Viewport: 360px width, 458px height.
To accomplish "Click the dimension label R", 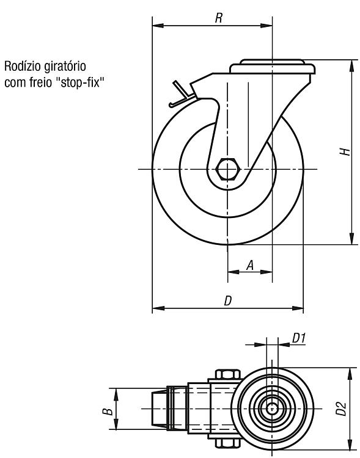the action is (218, 18).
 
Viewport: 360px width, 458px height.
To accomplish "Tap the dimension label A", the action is (250, 266).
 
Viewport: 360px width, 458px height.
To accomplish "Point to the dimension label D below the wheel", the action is (228, 300).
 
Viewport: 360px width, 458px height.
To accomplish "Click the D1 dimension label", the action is (299, 338).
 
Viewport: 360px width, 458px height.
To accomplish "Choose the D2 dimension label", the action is (341, 409).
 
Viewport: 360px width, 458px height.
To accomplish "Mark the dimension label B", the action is (108, 412).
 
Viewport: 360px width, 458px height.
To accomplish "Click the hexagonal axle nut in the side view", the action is (228, 169).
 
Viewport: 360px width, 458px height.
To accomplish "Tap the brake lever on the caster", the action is (182, 95).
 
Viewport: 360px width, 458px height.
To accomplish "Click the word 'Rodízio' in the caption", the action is (23, 67).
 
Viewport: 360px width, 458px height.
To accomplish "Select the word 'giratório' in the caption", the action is (65, 67).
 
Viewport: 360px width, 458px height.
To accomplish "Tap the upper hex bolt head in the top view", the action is (228, 374).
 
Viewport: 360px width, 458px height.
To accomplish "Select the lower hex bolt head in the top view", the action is (228, 443).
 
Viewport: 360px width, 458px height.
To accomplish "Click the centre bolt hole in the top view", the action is (272, 409).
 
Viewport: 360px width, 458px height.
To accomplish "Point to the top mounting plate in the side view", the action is (273, 67).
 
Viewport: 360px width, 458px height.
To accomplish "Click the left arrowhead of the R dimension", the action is (158, 26).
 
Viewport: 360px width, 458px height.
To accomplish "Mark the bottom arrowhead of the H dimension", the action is (351, 239).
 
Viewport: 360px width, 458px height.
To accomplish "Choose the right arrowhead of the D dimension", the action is (298, 308).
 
